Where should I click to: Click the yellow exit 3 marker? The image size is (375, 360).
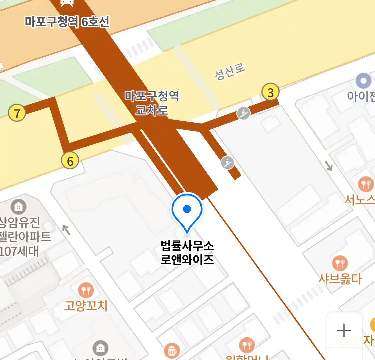(x=270, y=92)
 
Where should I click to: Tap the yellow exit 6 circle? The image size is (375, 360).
(x=70, y=161)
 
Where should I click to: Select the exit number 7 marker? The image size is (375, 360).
(x=17, y=113)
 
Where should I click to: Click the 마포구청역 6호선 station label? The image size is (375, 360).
(x=67, y=22)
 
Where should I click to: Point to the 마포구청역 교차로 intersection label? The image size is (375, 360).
(x=152, y=103)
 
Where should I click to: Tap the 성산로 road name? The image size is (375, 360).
(x=230, y=72)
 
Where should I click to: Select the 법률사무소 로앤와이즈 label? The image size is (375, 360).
(x=187, y=253)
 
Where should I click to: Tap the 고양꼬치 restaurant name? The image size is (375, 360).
(x=86, y=305)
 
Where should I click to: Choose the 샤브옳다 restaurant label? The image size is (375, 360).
(x=340, y=279)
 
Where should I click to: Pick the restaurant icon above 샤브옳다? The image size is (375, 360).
(x=340, y=263)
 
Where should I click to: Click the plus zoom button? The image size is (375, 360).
(x=344, y=330)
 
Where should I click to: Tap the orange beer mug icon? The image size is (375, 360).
(x=172, y=351)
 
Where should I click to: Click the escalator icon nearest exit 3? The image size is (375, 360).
(x=244, y=113)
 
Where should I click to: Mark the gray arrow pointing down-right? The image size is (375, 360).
(x=329, y=166)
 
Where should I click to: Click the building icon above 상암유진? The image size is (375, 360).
(x=18, y=207)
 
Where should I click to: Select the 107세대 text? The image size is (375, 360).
(x=19, y=251)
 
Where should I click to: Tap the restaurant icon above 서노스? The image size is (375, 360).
(x=366, y=184)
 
